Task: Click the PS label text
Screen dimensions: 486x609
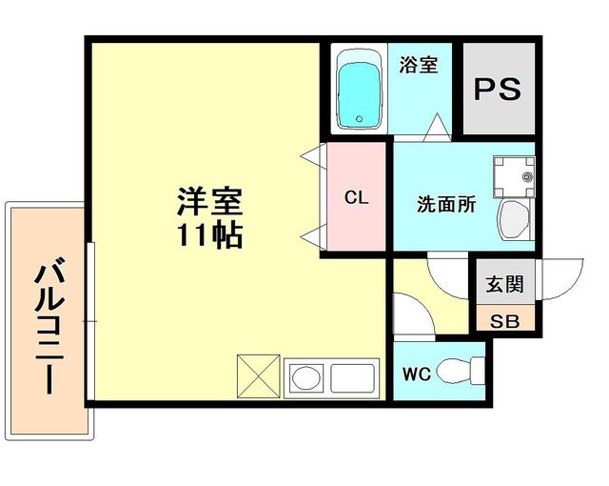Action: click(x=498, y=90)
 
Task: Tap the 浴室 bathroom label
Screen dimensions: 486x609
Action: click(x=419, y=66)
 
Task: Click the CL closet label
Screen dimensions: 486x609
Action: click(x=357, y=198)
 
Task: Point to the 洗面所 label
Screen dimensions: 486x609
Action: click(x=446, y=204)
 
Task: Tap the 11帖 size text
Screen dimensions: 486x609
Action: click(x=209, y=234)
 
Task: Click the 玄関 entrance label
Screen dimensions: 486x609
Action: click(x=504, y=285)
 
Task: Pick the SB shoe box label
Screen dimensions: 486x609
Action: click(x=504, y=320)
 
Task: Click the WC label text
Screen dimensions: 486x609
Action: click(x=417, y=375)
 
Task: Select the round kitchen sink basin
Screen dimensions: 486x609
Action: click(x=306, y=377)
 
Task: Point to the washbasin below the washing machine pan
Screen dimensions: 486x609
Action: click(x=514, y=222)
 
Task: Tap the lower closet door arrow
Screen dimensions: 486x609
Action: click(x=310, y=235)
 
